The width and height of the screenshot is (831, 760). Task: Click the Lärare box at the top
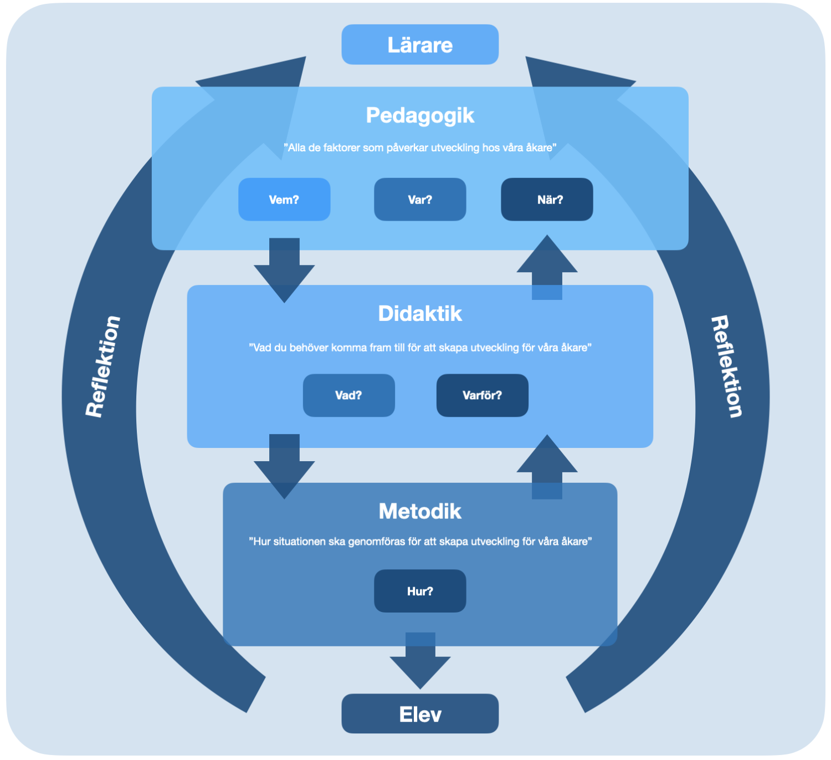(x=420, y=45)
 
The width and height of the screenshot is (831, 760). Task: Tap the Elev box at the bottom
(x=420, y=714)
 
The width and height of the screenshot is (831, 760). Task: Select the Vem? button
(x=284, y=200)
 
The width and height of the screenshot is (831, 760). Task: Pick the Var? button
(x=420, y=200)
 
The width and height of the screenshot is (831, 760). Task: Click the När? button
(x=547, y=200)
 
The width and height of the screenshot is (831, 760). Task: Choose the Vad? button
(x=348, y=395)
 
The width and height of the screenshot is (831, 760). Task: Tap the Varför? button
(x=482, y=395)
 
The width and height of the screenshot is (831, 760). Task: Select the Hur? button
(x=420, y=591)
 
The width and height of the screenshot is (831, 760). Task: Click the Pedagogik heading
(x=420, y=115)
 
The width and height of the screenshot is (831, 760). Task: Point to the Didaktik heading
(x=420, y=314)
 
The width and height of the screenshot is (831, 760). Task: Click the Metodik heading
(x=420, y=511)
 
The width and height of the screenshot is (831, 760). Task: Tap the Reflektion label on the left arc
(x=103, y=366)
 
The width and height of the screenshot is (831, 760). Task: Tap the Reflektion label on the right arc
(x=727, y=366)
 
